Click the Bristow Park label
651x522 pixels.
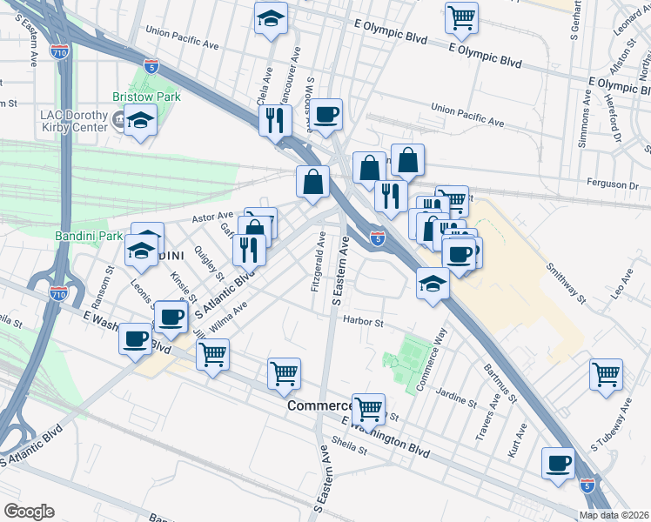coord(146,97)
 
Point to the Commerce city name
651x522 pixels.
coord(319,406)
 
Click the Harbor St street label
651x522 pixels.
coord(364,322)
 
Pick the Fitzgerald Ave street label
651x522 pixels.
coord(316,261)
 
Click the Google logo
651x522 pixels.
coord(29,511)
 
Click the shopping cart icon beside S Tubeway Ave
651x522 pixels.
coord(606,374)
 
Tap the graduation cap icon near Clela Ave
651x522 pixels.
coord(271,17)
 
